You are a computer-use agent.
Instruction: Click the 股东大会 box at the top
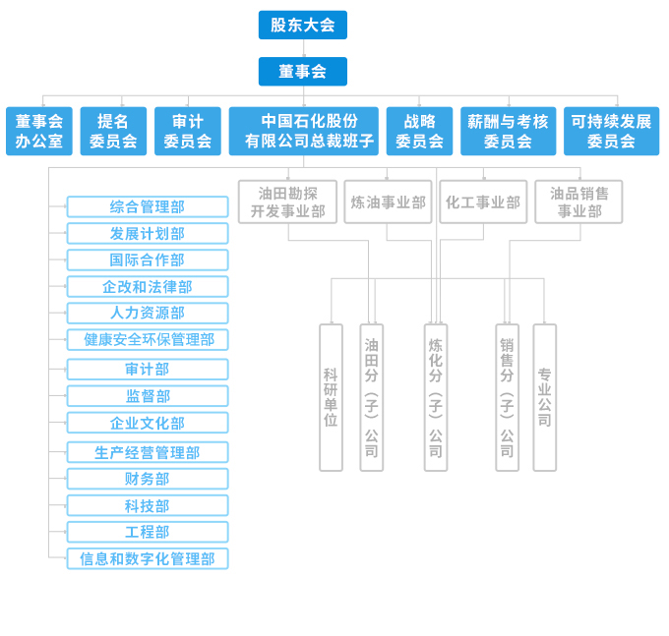click(302, 25)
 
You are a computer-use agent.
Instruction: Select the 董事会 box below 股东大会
click(302, 71)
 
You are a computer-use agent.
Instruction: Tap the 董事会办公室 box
click(39, 131)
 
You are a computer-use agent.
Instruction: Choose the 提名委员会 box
click(113, 131)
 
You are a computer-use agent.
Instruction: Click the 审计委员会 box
click(187, 131)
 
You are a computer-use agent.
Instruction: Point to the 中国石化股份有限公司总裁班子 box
click(303, 131)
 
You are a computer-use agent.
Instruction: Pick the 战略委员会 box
click(419, 131)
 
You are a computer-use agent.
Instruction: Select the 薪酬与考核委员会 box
click(508, 131)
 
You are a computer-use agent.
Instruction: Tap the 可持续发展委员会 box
click(611, 131)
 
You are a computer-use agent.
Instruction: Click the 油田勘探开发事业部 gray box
click(287, 202)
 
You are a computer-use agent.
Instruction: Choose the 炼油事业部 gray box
click(388, 202)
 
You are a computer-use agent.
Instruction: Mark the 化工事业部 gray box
click(483, 202)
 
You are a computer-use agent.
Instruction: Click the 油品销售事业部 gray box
click(578, 202)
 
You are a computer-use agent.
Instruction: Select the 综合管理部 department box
click(148, 206)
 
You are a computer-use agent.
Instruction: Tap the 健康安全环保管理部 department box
click(148, 339)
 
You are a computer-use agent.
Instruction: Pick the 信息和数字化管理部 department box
click(148, 558)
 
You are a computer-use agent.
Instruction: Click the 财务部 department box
click(148, 479)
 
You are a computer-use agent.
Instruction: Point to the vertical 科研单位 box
click(331, 397)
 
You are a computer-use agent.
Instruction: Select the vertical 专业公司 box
click(544, 397)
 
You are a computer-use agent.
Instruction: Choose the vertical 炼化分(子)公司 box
click(435, 397)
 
